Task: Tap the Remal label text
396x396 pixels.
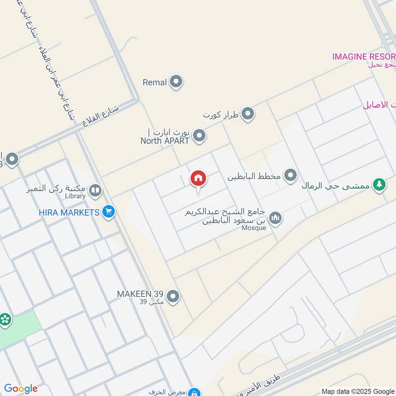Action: (154, 83)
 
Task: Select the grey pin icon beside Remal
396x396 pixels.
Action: (176, 82)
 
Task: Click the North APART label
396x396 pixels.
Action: (165, 141)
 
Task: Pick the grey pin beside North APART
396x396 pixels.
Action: (199, 136)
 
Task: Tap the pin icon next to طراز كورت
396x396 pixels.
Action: (248, 114)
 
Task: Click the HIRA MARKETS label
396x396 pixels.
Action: (69, 212)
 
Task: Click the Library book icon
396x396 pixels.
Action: (95, 190)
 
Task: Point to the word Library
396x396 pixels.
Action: (75, 196)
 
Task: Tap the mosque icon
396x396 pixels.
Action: (275, 217)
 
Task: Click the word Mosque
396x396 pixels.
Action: (254, 228)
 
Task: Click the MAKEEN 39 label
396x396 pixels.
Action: (140, 294)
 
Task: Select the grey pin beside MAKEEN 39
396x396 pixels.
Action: (173, 297)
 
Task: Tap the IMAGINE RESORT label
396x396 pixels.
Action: (364, 56)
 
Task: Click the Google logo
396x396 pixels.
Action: (20, 389)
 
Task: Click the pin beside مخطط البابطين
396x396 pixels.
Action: (291, 175)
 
